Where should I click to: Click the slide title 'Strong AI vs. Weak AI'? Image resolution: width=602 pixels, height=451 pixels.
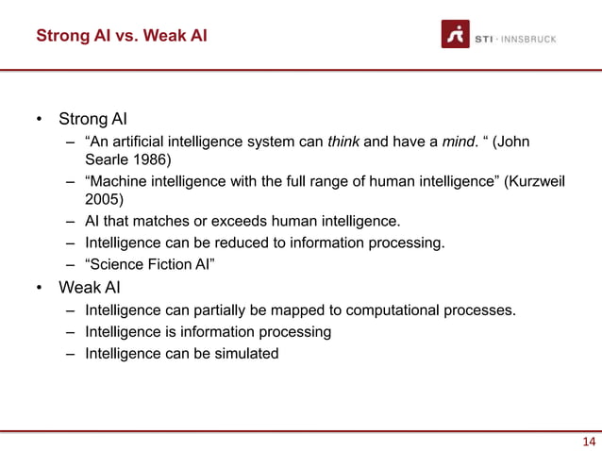(x=122, y=37)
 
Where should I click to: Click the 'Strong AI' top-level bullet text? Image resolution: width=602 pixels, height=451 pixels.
(x=92, y=120)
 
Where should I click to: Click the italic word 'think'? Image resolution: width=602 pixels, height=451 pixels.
(x=343, y=142)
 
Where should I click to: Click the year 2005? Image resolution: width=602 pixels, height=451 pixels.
(x=104, y=200)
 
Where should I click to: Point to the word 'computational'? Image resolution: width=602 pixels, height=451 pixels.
(x=403, y=309)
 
